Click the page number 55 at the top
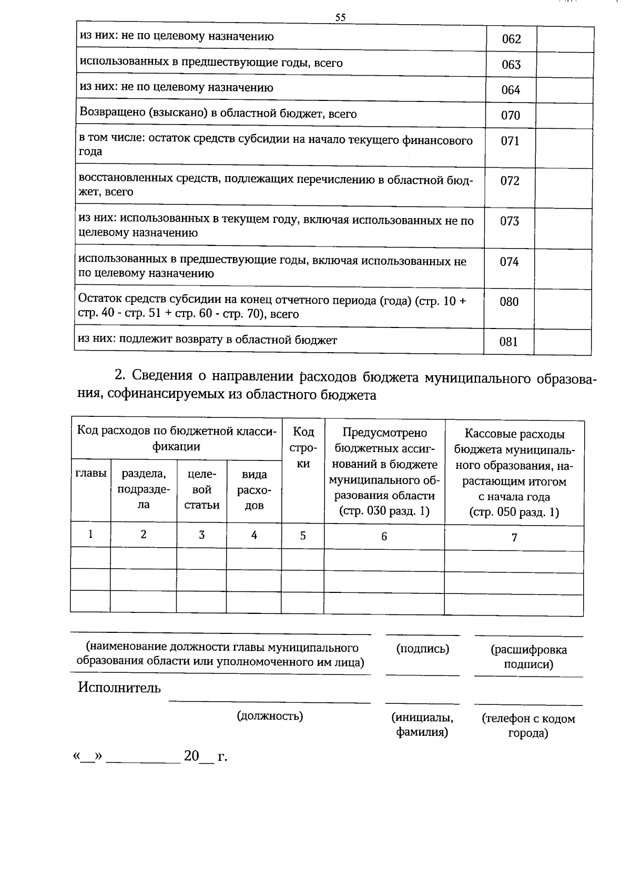340,17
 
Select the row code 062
511,39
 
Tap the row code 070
510,116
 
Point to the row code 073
510,221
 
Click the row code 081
508,342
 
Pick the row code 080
509,302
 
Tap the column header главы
91,473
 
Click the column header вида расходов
254,490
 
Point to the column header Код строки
303,447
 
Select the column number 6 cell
384,537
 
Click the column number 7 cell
514,538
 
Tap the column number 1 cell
91,535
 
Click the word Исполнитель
119,688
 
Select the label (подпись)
422,649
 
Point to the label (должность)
270,716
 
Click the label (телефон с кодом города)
528,726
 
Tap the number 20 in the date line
191,756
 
